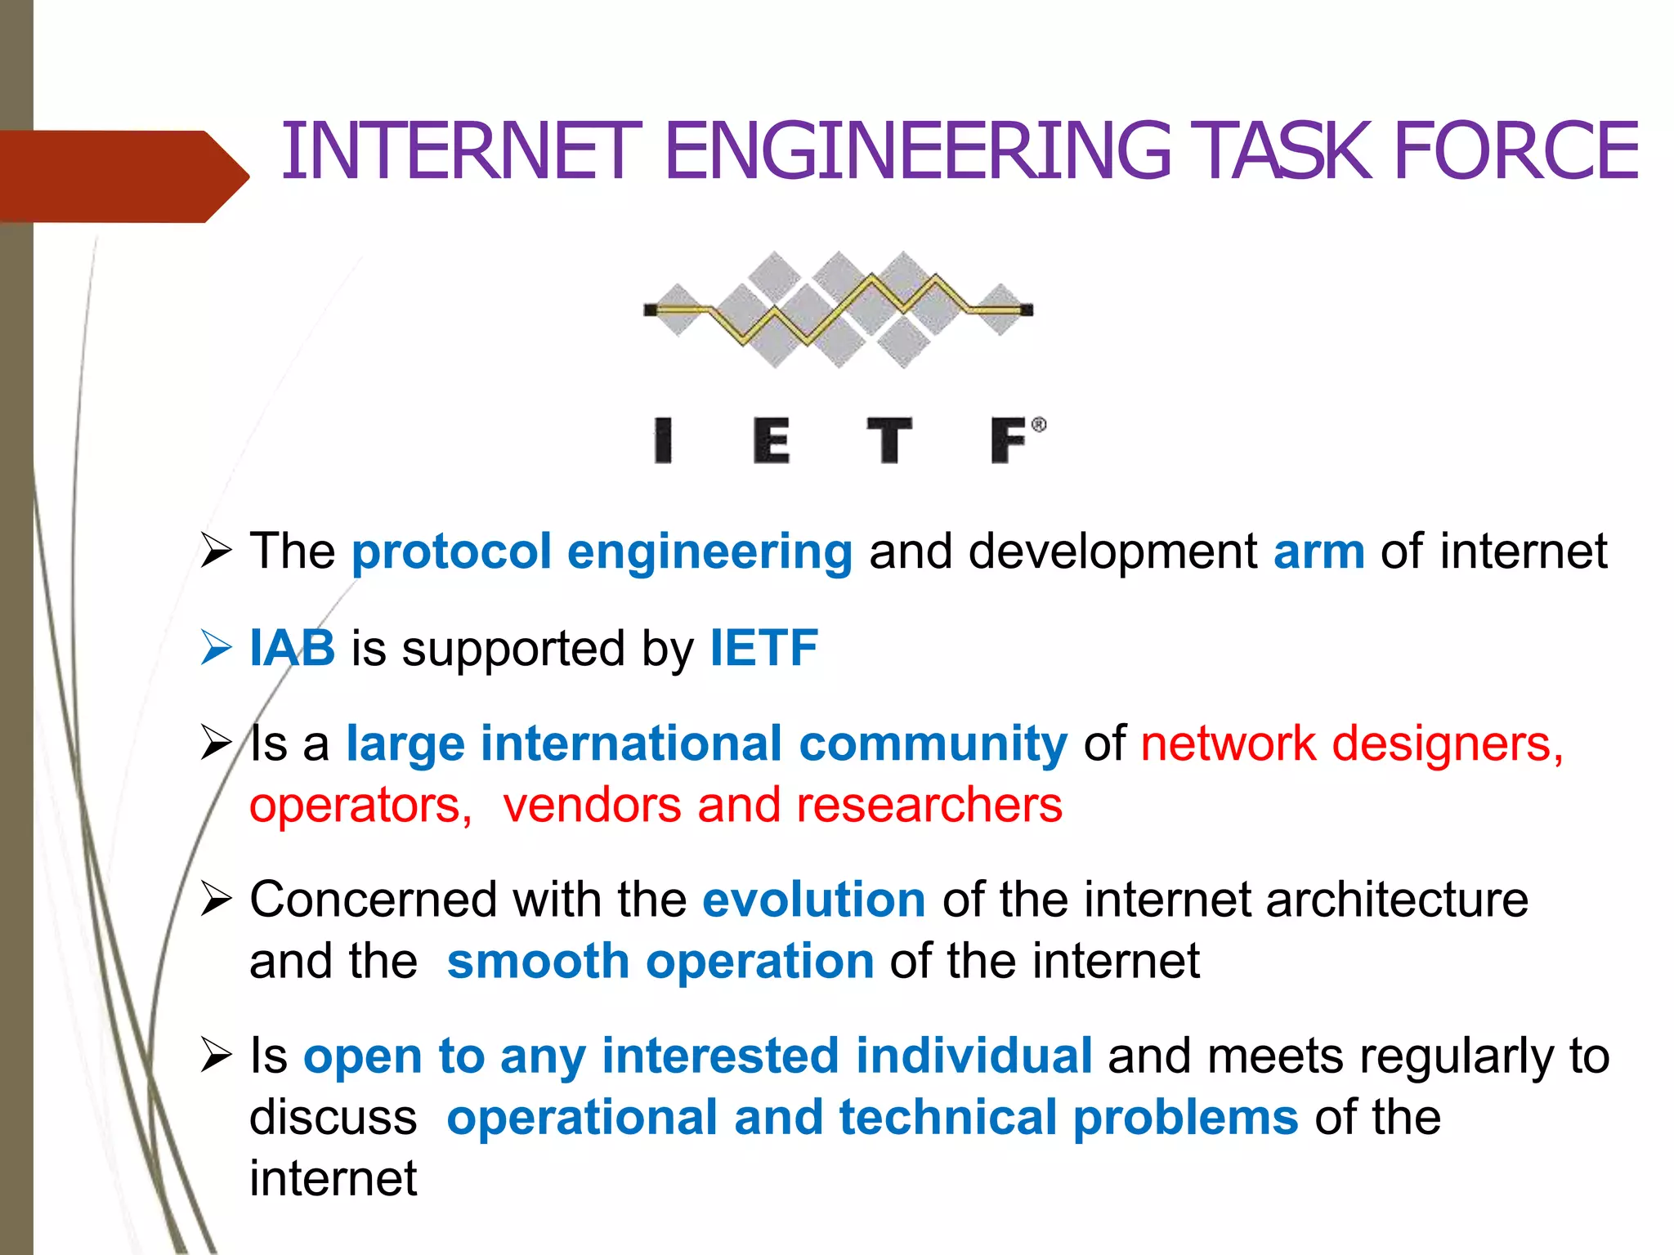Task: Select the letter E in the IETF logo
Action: click(x=771, y=440)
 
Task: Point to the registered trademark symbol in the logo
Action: click(x=1038, y=425)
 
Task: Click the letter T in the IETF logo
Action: click(x=889, y=440)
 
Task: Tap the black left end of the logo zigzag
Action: click(x=651, y=310)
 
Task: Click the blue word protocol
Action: click(x=451, y=552)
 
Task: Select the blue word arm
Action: click(x=1318, y=552)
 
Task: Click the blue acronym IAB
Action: click(x=292, y=648)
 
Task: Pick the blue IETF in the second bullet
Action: click(x=763, y=648)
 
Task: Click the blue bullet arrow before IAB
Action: click(x=216, y=648)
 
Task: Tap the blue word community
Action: click(x=933, y=744)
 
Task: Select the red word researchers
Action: click(x=929, y=805)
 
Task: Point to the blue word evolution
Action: click(x=813, y=900)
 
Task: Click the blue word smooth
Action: click(x=537, y=961)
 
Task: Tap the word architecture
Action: click(x=1397, y=900)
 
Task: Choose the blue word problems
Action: click(x=1185, y=1117)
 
